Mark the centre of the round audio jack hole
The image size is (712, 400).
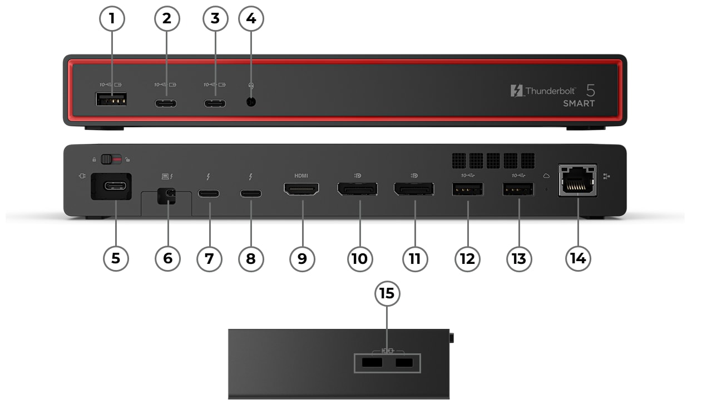point(251,102)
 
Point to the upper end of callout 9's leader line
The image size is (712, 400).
point(303,201)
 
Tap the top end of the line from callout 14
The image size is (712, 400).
point(578,197)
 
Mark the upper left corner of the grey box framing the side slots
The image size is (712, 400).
point(354,354)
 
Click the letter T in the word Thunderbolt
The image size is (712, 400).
point(529,91)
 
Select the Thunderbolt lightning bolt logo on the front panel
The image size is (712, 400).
point(517,91)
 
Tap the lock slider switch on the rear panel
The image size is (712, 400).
point(111,159)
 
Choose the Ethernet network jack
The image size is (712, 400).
point(577,180)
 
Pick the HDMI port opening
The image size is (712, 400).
point(301,189)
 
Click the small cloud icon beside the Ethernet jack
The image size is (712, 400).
point(546,176)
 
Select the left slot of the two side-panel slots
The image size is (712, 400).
point(372,363)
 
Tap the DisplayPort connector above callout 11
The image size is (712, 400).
point(414,189)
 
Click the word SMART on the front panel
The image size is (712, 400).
point(579,103)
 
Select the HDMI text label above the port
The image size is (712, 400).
point(301,176)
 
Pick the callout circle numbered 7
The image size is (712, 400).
point(209,259)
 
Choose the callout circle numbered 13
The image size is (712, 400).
point(519,259)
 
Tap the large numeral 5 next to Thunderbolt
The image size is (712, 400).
point(590,91)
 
